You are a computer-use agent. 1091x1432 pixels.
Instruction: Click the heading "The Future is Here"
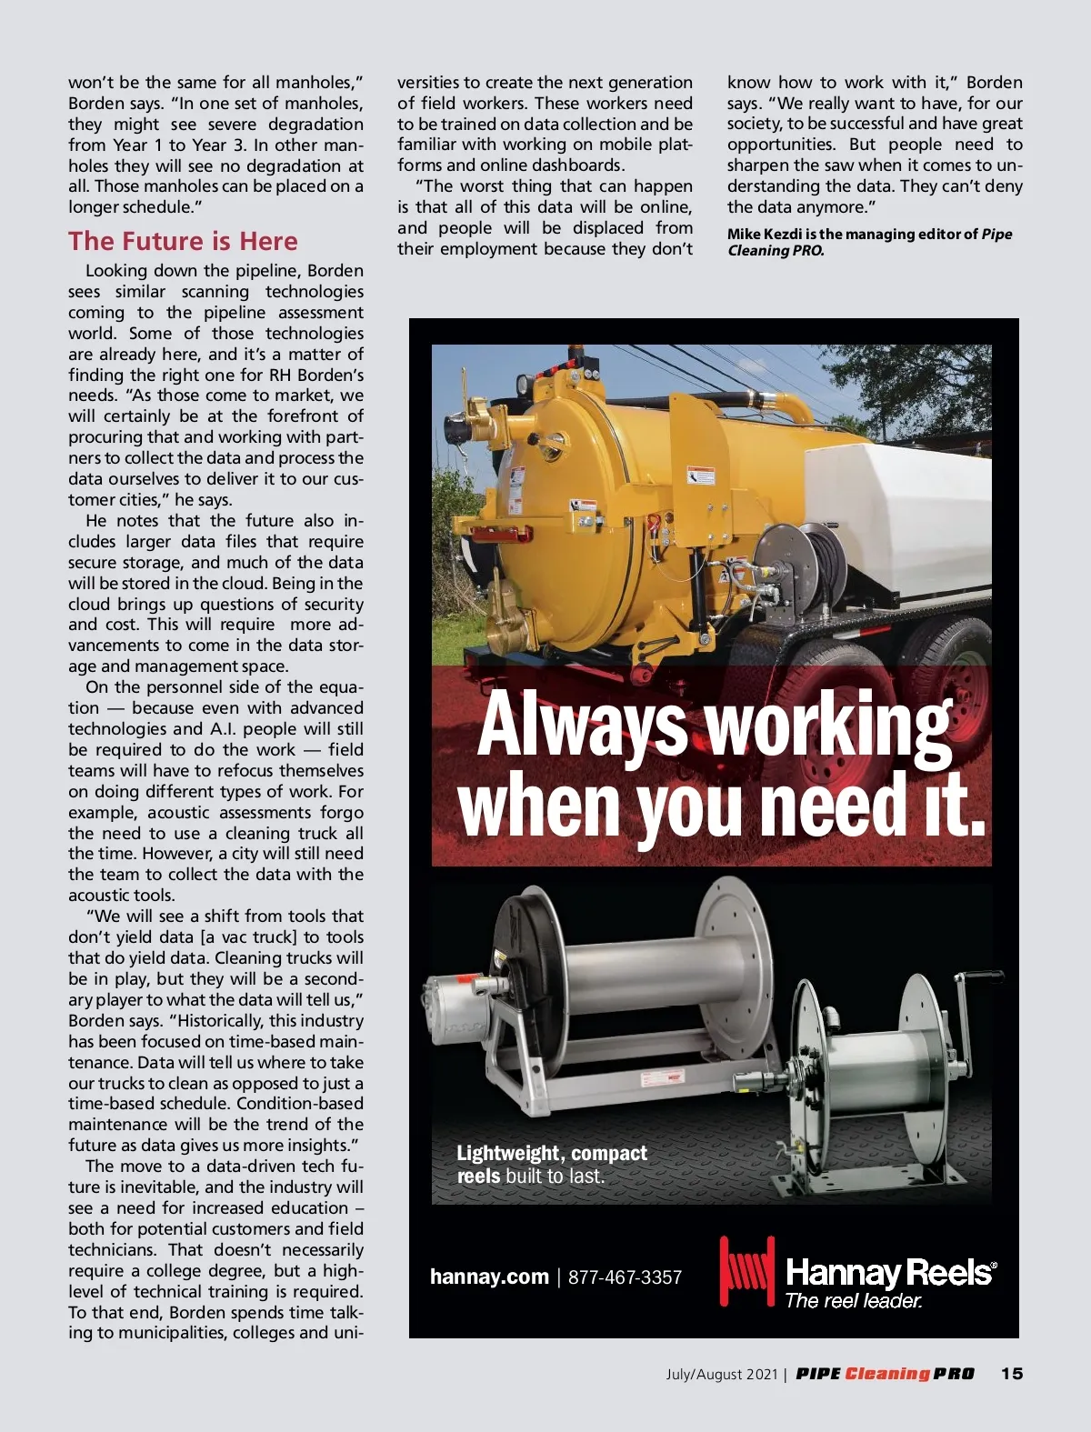pyautogui.click(x=183, y=241)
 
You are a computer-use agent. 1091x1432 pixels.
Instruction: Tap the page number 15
pyautogui.click(x=1012, y=1374)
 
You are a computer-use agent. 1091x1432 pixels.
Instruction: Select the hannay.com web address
pyautogui.click(x=489, y=1277)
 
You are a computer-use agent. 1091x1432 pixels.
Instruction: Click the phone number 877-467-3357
pyautogui.click(x=625, y=1277)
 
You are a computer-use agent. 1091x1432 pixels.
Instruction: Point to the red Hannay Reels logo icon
pyautogui.click(x=746, y=1270)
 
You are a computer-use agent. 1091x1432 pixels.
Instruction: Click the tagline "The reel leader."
pyautogui.click(x=853, y=1301)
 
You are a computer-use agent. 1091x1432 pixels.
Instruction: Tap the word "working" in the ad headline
pyautogui.click(x=828, y=725)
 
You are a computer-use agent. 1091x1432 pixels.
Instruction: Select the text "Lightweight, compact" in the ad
pyautogui.click(x=552, y=1154)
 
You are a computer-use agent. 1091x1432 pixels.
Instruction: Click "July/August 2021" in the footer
pyautogui.click(x=722, y=1374)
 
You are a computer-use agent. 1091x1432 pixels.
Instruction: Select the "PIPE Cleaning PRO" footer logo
pyautogui.click(x=885, y=1374)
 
